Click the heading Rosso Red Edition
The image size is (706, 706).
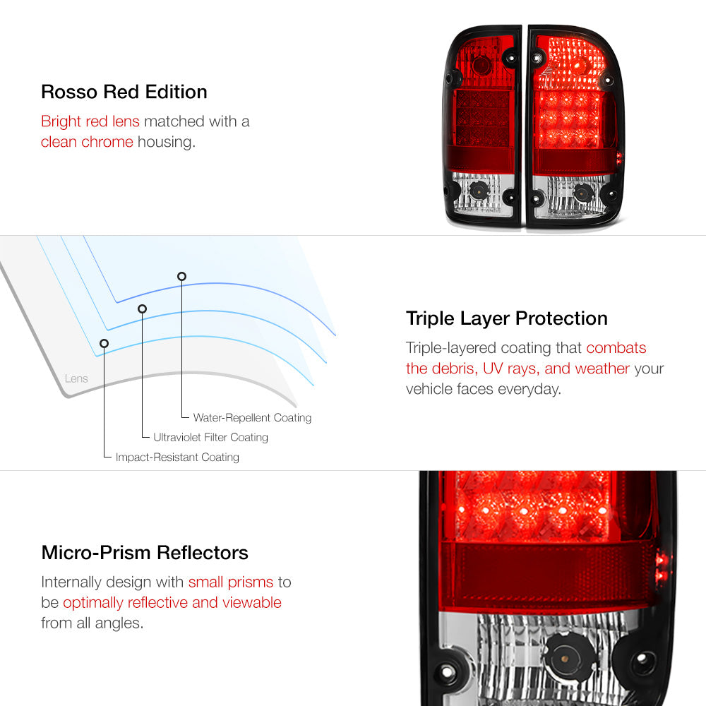124,92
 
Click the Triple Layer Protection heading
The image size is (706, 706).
506,318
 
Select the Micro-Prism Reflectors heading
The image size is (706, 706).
145,553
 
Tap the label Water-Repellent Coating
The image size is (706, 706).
252,417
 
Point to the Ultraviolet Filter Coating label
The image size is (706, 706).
210,437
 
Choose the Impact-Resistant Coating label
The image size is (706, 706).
177,457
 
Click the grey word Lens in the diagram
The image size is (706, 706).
76,378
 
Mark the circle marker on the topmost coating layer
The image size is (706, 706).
181,276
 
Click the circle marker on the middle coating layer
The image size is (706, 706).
143,309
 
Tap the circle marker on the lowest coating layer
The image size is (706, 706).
104,344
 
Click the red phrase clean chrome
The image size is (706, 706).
87,142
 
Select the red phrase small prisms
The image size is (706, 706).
231,582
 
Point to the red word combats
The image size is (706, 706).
616,347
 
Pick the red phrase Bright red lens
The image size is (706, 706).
90,121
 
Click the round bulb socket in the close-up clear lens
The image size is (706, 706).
566,657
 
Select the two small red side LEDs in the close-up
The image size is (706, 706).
662,568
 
